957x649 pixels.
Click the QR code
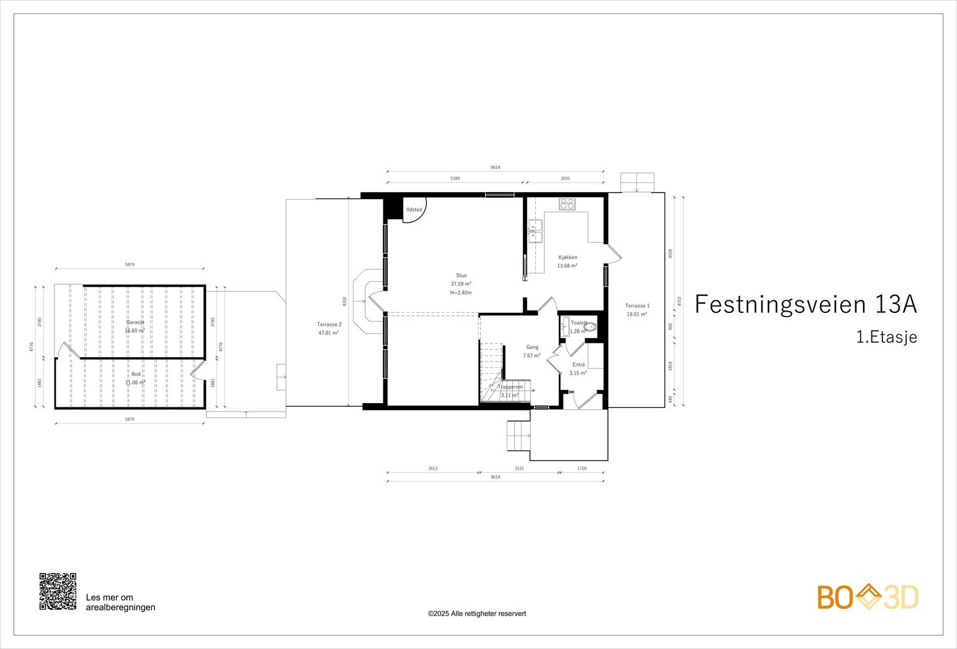coord(58,592)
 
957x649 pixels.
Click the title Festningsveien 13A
coord(805,304)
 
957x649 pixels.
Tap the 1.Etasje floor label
coord(886,337)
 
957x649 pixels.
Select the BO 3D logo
coord(868,597)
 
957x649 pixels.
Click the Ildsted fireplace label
coord(415,209)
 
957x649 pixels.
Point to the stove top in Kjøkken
coord(567,204)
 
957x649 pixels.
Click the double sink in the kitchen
coord(535,232)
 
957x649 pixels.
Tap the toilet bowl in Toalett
coord(590,327)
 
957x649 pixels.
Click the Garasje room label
coord(135,322)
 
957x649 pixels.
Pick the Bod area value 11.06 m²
coord(135,382)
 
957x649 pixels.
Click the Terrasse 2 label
coord(329,324)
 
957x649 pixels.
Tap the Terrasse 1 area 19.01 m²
coord(637,313)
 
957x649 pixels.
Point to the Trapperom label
coord(510,387)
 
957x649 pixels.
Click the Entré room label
coord(578,364)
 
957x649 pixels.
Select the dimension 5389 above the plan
coord(459,178)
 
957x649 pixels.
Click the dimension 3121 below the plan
coord(519,468)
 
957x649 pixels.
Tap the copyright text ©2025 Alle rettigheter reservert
coord(477,613)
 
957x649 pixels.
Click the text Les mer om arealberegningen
coord(121,602)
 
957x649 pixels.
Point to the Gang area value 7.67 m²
coord(532,355)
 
